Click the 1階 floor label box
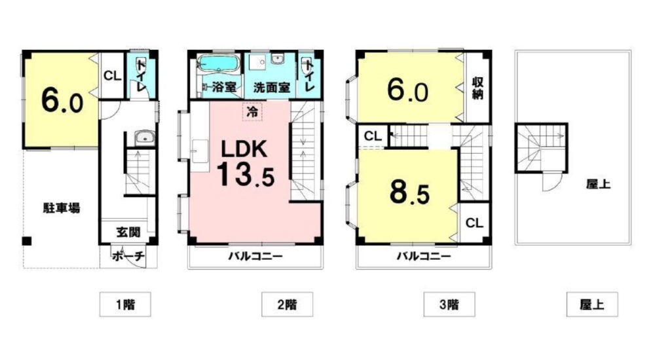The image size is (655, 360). (x=125, y=304)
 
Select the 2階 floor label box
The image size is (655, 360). (x=287, y=304)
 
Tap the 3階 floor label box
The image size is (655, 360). (x=449, y=304)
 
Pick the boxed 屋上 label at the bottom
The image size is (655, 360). (x=591, y=304)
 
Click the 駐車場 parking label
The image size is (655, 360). (x=62, y=209)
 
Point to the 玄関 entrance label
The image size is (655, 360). (x=128, y=232)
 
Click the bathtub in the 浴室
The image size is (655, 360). (x=220, y=65)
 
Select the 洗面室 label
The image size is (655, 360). (x=272, y=87)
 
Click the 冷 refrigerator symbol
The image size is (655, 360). (x=252, y=111)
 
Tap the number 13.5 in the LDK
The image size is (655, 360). (x=244, y=174)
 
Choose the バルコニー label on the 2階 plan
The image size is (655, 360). (x=255, y=257)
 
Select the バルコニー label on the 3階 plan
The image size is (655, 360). (x=423, y=257)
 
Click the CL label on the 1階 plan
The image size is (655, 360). (x=112, y=75)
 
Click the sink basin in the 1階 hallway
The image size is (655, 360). (x=143, y=138)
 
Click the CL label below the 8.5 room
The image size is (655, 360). (x=474, y=223)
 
